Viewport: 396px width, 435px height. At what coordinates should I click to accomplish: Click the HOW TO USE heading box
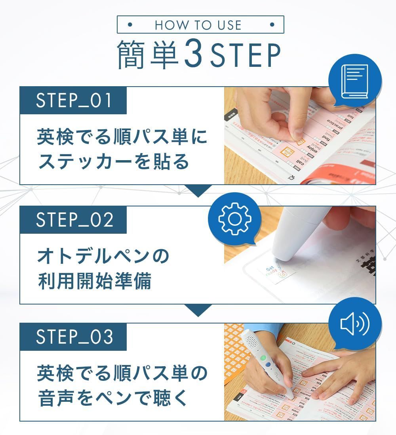(200, 25)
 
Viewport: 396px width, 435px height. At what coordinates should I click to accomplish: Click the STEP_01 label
(74, 101)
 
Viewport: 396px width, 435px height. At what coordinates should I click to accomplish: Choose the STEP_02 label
(74, 220)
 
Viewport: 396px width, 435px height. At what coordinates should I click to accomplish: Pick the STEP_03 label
(74, 337)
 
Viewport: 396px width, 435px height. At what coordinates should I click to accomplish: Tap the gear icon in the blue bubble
(234, 218)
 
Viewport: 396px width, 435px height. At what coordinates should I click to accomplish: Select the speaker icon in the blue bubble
(354, 324)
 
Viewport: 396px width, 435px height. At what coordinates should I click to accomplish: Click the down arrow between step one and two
(198, 191)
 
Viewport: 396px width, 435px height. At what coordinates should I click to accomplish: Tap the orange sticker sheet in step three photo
(238, 356)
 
